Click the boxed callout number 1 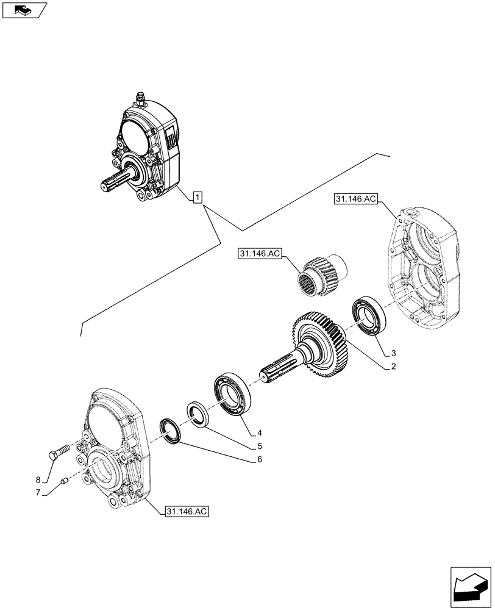(198, 197)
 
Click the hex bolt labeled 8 (56, 454)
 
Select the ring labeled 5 (198, 415)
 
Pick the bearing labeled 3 (368, 315)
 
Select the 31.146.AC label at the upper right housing (356, 198)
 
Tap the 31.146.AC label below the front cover (187, 512)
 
